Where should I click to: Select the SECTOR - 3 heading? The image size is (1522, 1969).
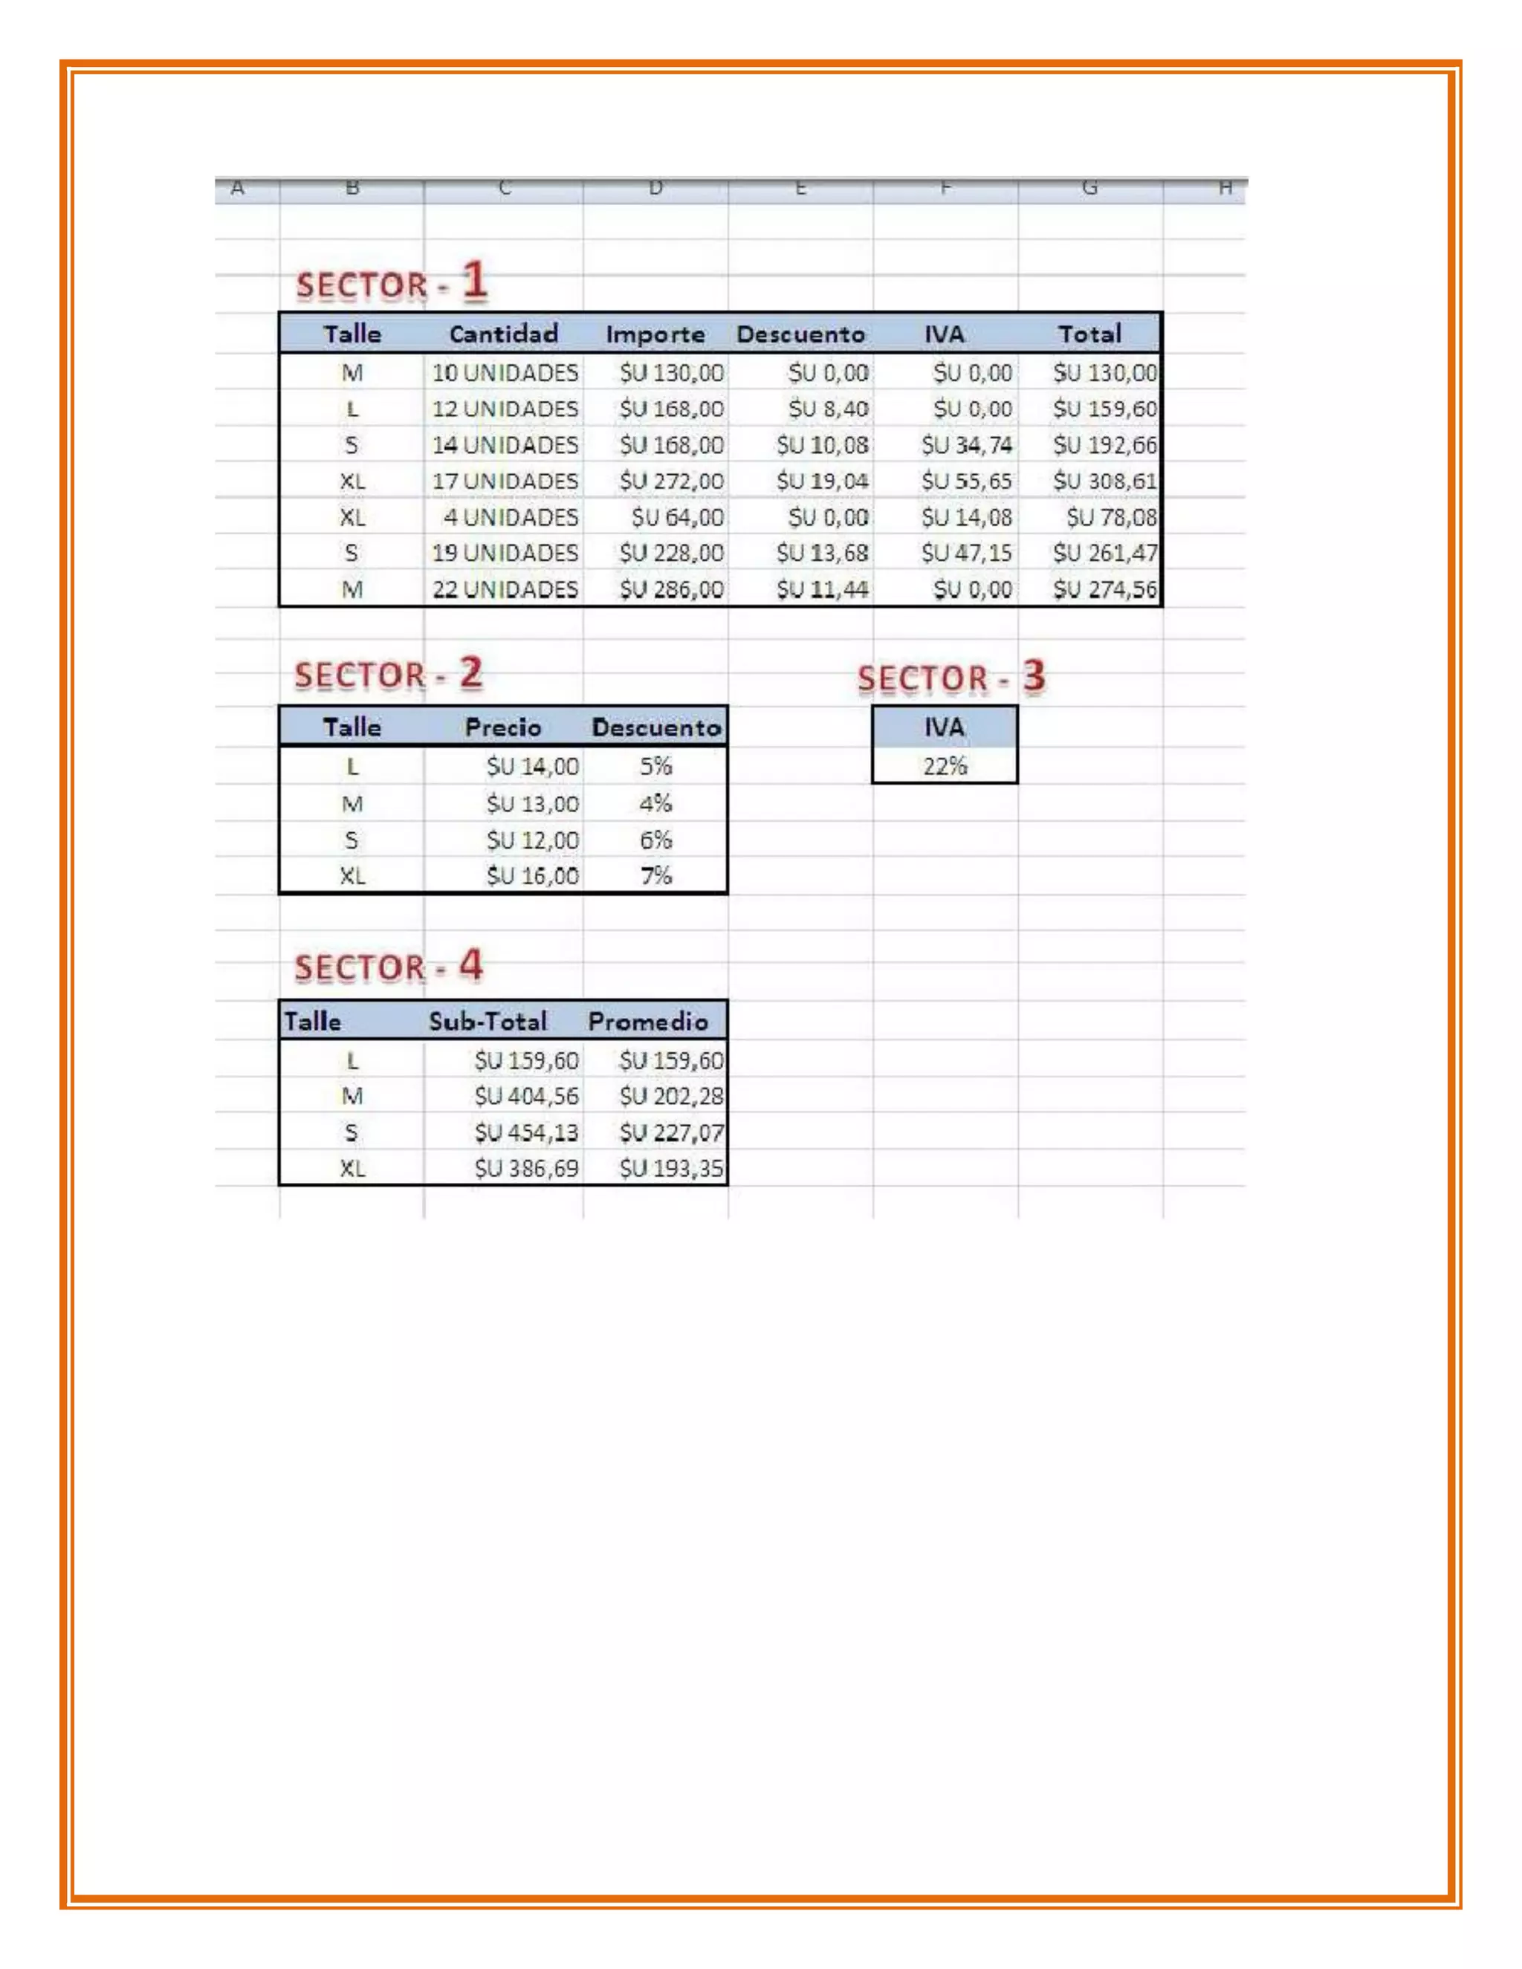point(951,678)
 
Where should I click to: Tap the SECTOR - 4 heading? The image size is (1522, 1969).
point(389,967)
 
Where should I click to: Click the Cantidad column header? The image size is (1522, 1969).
point(503,334)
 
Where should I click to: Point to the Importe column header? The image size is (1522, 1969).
point(655,334)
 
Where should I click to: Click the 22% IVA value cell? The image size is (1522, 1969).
point(944,766)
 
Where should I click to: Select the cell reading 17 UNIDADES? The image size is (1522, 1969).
point(505,481)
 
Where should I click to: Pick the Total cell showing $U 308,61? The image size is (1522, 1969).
point(1104,481)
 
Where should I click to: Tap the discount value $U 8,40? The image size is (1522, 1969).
point(828,409)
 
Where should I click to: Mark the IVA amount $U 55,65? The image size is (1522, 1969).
point(967,481)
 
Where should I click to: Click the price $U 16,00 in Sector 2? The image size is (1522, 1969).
point(532,875)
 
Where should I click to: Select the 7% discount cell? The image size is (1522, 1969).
point(655,875)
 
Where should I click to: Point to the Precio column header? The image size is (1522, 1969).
point(503,727)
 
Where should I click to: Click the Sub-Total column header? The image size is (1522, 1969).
point(488,1022)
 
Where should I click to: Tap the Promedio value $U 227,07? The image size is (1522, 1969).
point(671,1132)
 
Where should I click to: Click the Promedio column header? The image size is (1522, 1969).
point(647,1022)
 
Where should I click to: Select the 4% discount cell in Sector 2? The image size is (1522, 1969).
point(655,803)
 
